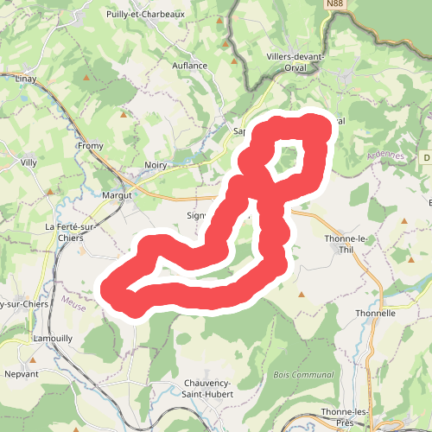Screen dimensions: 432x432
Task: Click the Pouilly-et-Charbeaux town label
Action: coord(145,15)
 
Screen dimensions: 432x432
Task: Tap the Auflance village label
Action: coord(189,66)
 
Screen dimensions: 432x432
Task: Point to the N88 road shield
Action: coord(335,4)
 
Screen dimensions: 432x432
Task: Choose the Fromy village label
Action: coord(90,146)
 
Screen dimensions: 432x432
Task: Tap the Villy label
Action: coord(29,162)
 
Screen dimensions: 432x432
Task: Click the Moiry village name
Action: coord(156,163)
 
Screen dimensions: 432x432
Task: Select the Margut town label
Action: coord(117,195)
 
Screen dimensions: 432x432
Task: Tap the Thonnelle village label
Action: coord(376,313)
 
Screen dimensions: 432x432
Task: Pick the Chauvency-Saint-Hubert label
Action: coord(209,389)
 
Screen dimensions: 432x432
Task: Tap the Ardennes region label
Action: coord(361,156)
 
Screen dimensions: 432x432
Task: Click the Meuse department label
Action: coord(74,301)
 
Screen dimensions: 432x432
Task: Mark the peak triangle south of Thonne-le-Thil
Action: coord(302,295)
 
